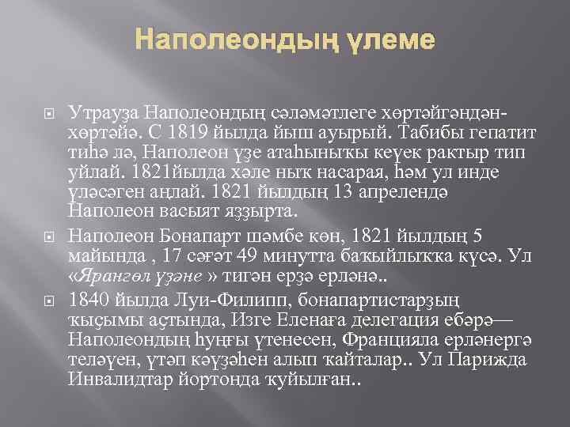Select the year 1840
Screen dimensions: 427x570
[x=89, y=300]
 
